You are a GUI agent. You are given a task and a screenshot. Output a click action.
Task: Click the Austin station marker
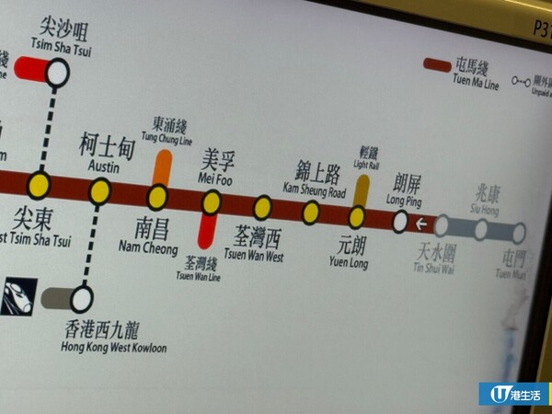[x=99, y=191]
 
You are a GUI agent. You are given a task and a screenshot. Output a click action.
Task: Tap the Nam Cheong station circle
[x=157, y=198]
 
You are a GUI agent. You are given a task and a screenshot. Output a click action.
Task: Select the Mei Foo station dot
[x=212, y=202]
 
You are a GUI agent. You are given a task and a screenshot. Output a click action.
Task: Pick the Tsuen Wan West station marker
[x=262, y=207]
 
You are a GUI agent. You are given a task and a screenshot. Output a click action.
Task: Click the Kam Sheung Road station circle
[x=311, y=213]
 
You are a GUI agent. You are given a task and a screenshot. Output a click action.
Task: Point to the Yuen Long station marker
[x=357, y=218]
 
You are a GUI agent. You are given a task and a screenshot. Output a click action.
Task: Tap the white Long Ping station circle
[x=400, y=222]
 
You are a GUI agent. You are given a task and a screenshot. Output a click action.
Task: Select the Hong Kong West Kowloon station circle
[x=82, y=298]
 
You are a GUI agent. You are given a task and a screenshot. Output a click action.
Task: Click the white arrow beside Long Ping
[x=420, y=224]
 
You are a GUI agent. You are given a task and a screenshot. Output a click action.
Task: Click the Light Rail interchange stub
[x=362, y=190]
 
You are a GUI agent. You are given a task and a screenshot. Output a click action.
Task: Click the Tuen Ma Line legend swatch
[x=437, y=65]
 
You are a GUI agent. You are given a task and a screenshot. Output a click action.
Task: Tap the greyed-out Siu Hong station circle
[x=480, y=229]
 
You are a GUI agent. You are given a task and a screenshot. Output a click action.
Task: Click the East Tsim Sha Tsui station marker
[x=39, y=185]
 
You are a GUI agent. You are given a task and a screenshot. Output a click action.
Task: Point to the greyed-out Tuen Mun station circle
[x=518, y=233]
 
